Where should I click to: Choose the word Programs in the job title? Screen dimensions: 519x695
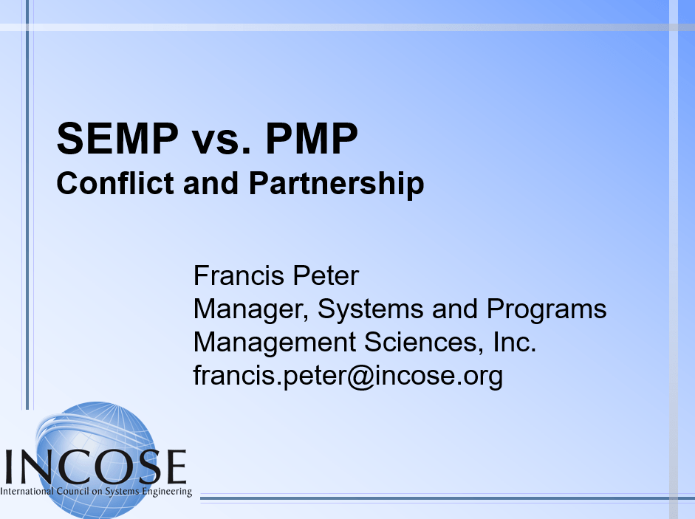pos(544,309)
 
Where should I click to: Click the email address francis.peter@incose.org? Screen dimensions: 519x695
pos(348,376)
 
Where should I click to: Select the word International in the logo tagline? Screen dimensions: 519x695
pos(27,491)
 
